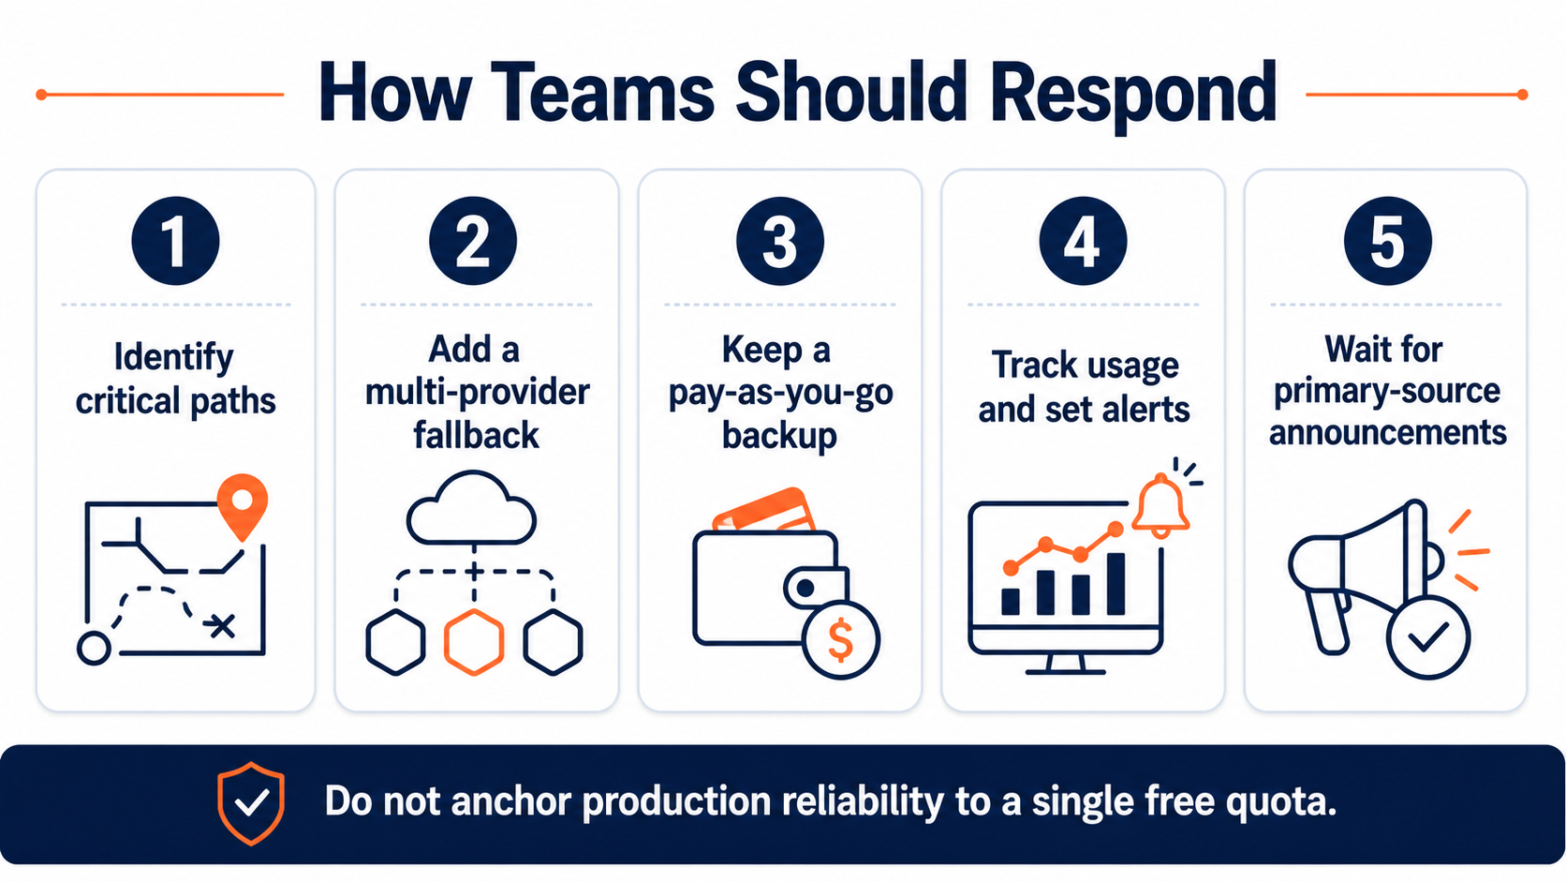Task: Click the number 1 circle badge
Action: pos(175,241)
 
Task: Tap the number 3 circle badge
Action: pos(780,241)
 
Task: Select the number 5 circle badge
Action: pos(1388,241)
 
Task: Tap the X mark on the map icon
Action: pos(222,625)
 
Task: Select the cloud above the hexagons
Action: pos(471,509)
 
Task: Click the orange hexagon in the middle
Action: pos(474,642)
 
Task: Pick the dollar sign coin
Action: pos(840,640)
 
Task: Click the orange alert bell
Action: pos(1160,505)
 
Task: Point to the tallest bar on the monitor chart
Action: pos(1115,583)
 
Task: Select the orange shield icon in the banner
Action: pos(251,803)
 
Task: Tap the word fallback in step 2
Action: pos(476,435)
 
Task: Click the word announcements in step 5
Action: pos(1388,431)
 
